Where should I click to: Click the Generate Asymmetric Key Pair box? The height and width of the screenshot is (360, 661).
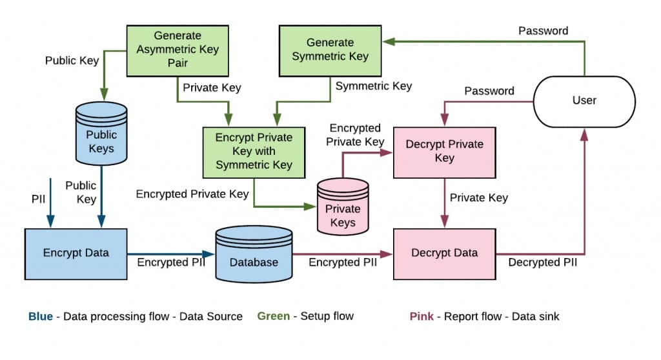pos(178,50)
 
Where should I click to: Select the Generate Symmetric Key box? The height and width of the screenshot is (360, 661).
pos(330,50)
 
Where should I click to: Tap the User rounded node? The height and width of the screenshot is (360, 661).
pos(584,100)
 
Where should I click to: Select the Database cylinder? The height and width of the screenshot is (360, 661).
pos(254,255)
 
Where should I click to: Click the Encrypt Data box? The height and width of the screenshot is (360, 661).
pos(76,253)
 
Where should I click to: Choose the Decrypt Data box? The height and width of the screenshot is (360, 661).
pos(444,253)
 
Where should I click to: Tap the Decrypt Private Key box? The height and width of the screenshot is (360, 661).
pos(444,151)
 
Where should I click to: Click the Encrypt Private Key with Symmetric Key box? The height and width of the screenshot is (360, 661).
pos(254,152)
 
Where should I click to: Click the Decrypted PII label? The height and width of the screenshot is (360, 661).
pos(542,263)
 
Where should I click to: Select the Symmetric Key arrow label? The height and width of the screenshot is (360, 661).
pos(374,86)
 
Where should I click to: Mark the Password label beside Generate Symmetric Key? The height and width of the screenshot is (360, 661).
pos(544,30)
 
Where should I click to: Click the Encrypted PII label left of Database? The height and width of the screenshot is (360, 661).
pos(171,263)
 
